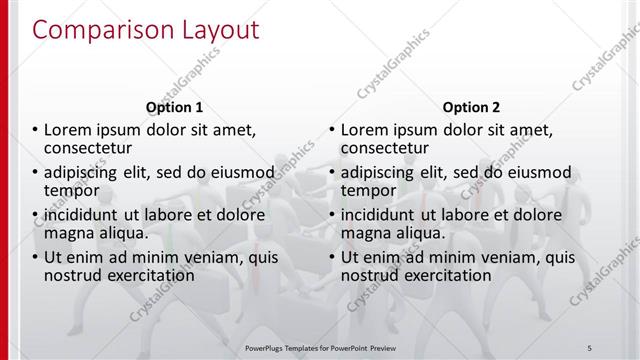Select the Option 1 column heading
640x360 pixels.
pyautogui.click(x=175, y=107)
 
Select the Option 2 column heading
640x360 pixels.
pyautogui.click(x=472, y=107)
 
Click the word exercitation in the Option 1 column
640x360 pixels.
pyautogui.click(x=147, y=274)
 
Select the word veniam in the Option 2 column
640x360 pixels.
pyautogui.click(x=506, y=256)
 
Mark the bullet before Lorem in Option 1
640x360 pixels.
pyautogui.click(x=36, y=130)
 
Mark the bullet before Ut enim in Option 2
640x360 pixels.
pyautogui.click(x=332, y=256)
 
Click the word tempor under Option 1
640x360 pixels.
pyautogui.click(x=71, y=190)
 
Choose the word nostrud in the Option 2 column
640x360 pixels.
pyautogui.click(x=370, y=274)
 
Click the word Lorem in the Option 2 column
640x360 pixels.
pyautogui.click(x=366, y=130)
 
